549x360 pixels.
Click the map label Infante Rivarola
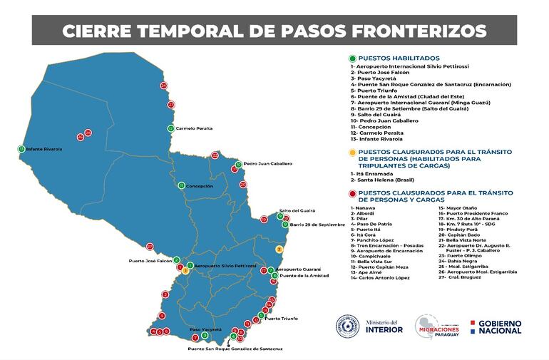click(x=43, y=149)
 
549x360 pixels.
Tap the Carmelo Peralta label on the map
click(x=194, y=128)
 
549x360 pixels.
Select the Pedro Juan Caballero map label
click(x=267, y=164)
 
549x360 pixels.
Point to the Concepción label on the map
click(x=200, y=185)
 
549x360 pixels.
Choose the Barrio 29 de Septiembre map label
click(x=317, y=225)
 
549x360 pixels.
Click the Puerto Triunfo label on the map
click(x=281, y=319)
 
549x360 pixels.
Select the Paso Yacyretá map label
click(x=205, y=329)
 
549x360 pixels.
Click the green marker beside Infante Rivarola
click(x=20, y=149)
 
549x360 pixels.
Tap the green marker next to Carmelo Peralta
click(x=170, y=128)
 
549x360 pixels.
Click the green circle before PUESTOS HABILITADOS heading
click(x=352, y=58)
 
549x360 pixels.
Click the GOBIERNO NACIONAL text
click(x=501, y=326)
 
